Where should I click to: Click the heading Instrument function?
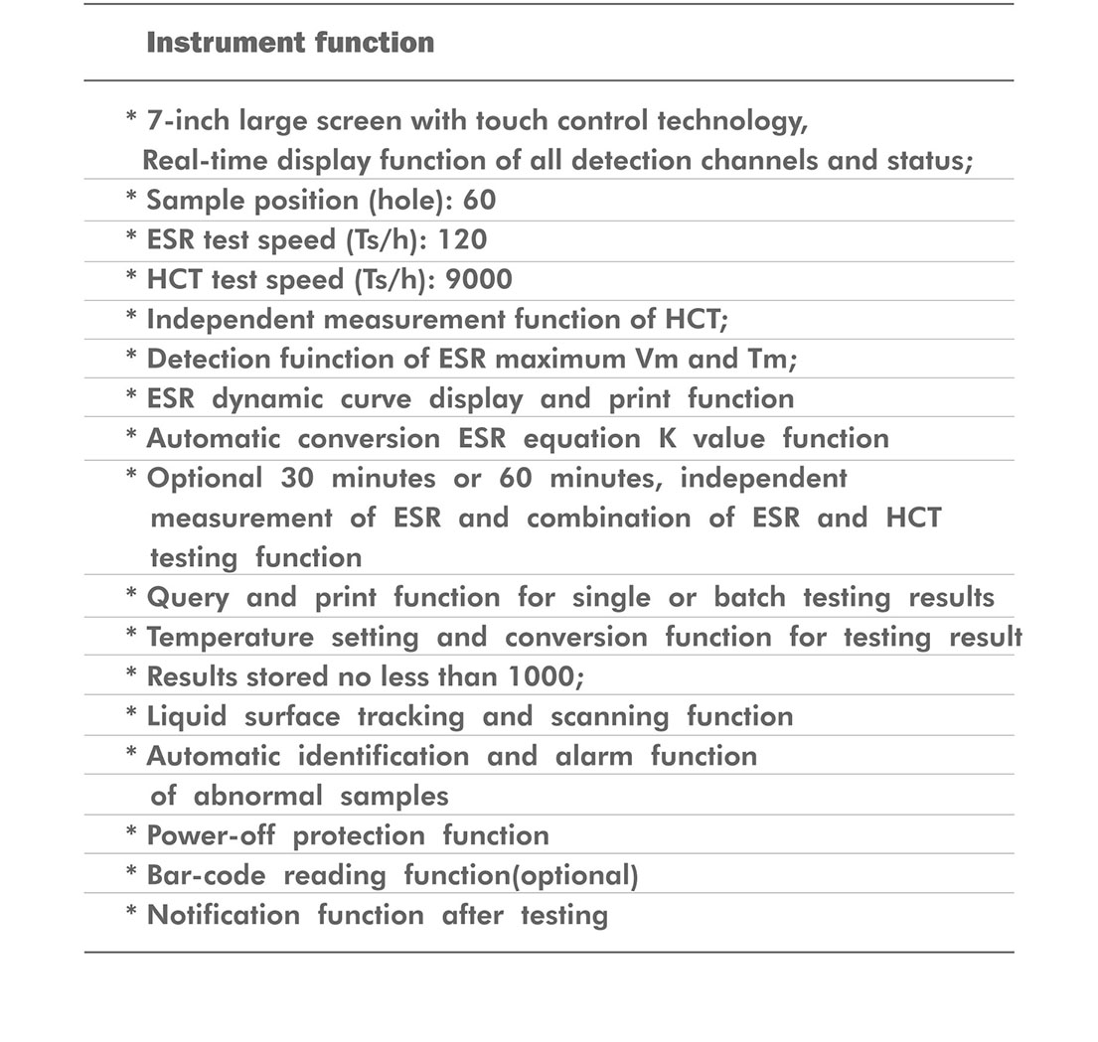[x=290, y=43]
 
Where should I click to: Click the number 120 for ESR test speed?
[x=462, y=239]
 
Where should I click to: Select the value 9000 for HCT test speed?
[x=479, y=279]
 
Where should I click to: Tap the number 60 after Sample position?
[x=479, y=200]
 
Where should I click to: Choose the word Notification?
[x=224, y=915]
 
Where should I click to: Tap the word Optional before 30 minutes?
[x=205, y=478]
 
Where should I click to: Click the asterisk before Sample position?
[x=131, y=199]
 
